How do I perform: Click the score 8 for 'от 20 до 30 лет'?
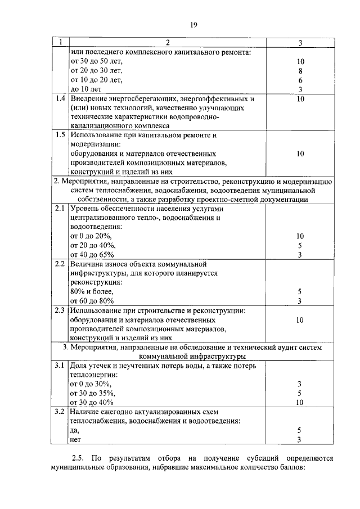[300, 71]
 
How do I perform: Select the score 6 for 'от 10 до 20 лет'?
[300, 80]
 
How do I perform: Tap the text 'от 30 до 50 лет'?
[96, 61]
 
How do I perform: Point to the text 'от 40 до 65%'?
[92, 254]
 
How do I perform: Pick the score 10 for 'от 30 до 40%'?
[300, 402]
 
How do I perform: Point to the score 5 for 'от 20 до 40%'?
[300, 245]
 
